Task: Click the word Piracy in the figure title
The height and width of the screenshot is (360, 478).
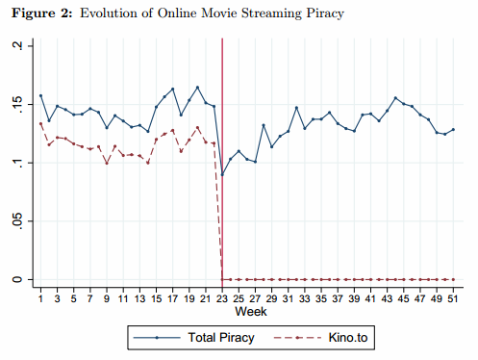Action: tap(325, 13)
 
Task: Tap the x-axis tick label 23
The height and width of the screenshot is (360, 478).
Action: tap(222, 299)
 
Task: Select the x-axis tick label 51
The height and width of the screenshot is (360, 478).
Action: tap(453, 299)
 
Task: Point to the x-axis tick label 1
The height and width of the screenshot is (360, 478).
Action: tap(40, 299)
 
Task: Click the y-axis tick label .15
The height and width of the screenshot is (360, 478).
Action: tap(18, 104)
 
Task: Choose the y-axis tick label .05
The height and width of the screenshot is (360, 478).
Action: tap(18, 221)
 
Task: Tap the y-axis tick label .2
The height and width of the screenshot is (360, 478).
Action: tap(18, 46)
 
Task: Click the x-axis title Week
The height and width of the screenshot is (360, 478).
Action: tap(251, 312)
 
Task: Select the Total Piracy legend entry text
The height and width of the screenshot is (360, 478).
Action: tap(221, 338)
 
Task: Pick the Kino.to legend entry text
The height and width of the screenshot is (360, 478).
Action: tap(348, 338)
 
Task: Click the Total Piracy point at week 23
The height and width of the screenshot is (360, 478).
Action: tap(222, 174)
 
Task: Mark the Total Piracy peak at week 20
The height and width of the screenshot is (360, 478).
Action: tap(197, 88)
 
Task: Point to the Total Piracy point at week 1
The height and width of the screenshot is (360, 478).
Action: tap(40, 95)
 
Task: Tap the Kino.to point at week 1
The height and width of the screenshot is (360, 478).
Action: tap(40, 123)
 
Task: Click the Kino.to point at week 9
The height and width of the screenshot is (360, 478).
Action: tap(107, 164)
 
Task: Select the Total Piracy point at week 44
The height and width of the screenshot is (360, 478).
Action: tap(395, 98)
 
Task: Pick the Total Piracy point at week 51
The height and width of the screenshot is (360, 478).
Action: tap(453, 130)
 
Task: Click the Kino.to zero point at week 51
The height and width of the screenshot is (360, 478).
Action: tap(453, 279)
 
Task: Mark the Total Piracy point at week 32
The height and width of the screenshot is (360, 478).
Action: tap(296, 108)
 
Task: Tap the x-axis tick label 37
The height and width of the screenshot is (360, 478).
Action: tap(338, 299)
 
